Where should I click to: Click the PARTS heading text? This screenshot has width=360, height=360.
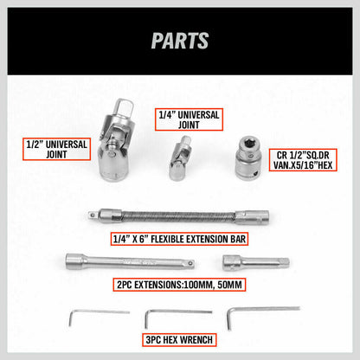[180, 41]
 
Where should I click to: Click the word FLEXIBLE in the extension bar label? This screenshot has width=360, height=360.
[180, 240]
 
